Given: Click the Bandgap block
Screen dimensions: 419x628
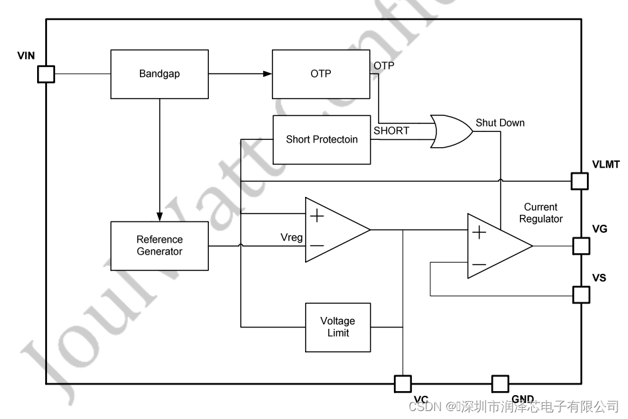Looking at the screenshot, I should (x=159, y=74).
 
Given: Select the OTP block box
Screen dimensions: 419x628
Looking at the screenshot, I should (x=321, y=74).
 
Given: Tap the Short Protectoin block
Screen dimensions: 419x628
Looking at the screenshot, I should (x=322, y=140).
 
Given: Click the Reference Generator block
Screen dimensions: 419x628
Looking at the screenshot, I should (x=159, y=245).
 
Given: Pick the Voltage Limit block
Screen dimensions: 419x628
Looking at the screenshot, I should (x=338, y=327).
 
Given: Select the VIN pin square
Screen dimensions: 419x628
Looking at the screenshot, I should (x=46, y=74).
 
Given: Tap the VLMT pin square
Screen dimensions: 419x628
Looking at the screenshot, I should (x=580, y=180).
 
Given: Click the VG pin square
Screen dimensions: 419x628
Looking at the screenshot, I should (x=581, y=246).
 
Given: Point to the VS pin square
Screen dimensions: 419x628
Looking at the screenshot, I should (x=581, y=294).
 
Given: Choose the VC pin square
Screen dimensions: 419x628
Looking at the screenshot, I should (x=403, y=383).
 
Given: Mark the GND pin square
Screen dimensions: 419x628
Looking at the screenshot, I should (x=500, y=383).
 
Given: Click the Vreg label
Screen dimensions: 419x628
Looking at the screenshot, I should (x=292, y=237).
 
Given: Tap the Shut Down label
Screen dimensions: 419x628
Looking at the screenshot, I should (x=499, y=123).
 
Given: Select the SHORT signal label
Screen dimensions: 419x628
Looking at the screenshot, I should (x=391, y=131).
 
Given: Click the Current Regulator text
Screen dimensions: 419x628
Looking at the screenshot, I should (x=540, y=213).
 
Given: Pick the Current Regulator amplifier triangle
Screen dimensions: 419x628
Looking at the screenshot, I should (x=495, y=246).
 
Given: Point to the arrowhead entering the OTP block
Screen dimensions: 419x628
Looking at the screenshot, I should (x=267, y=74).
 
